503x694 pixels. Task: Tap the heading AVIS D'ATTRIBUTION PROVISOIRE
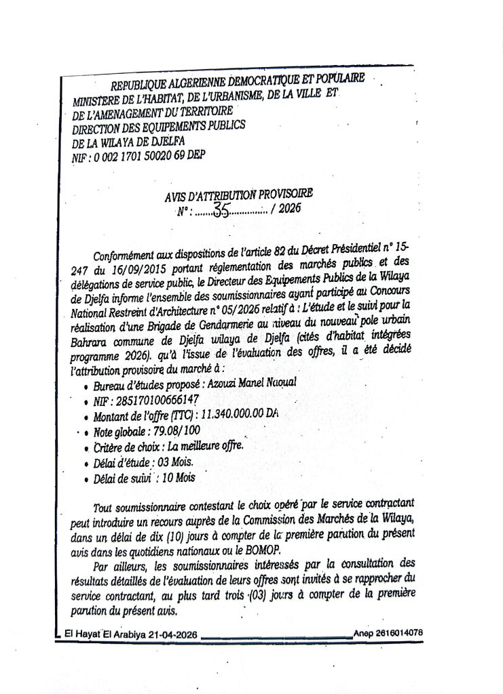(x=239, y=196)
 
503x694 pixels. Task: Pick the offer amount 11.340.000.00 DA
(x=240, y=414)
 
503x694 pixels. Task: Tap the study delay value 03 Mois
(x=175, y=463)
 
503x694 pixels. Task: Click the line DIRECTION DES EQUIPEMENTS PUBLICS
(x=158, y=126)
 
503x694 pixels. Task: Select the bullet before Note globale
(x=86, y=432)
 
